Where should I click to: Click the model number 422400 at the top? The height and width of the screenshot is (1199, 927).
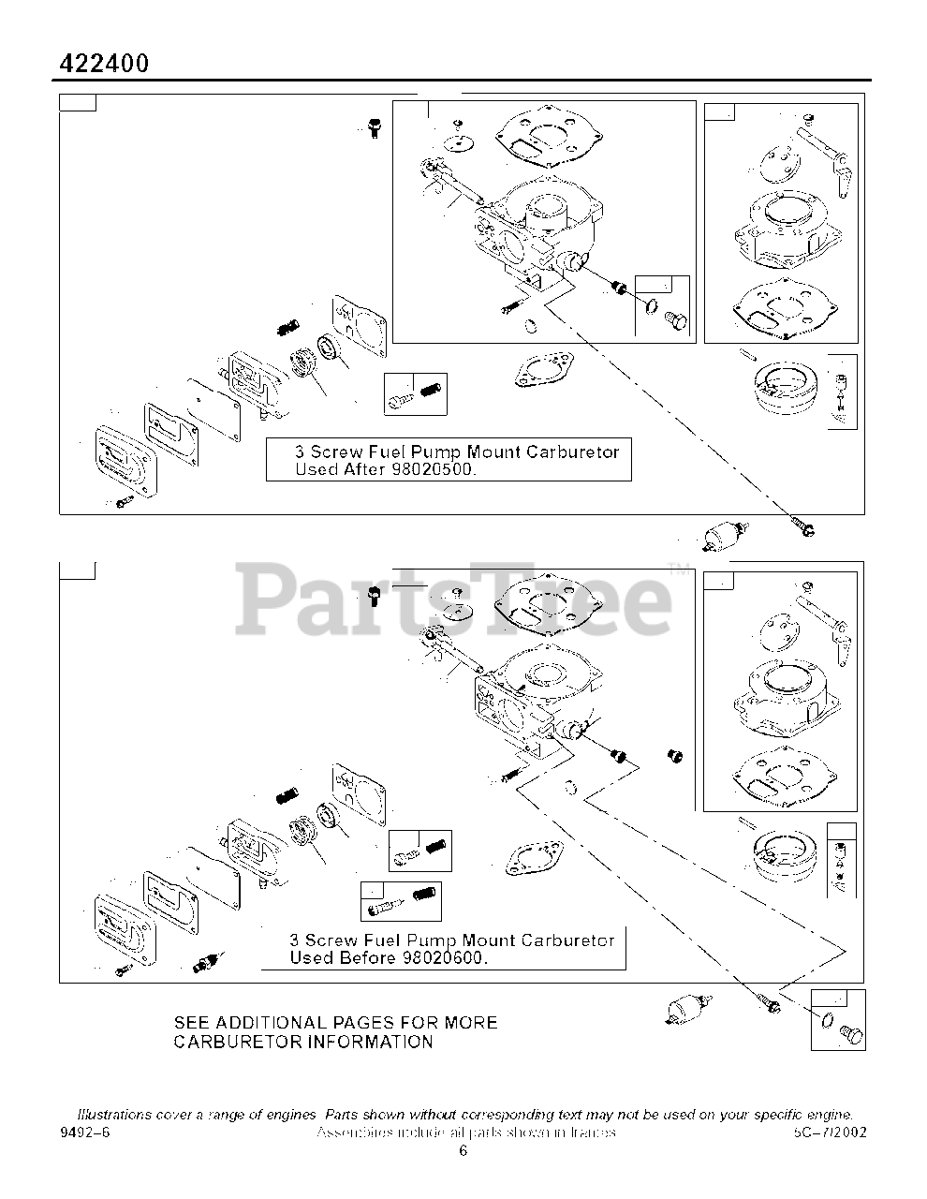pos(104,63)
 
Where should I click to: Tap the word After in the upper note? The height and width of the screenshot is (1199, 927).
pos(360,469)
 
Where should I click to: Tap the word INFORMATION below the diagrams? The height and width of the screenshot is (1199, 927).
pos(369,1042)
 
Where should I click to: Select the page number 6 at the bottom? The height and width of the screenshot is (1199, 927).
pos(463,1151)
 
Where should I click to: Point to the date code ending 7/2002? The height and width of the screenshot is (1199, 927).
pos(830,1132)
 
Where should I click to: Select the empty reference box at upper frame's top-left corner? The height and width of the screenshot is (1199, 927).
pos(78,102)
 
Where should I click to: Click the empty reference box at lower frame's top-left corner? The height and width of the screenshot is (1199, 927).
pos(78,570)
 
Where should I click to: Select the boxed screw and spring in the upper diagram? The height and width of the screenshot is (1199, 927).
pos(415,393)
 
